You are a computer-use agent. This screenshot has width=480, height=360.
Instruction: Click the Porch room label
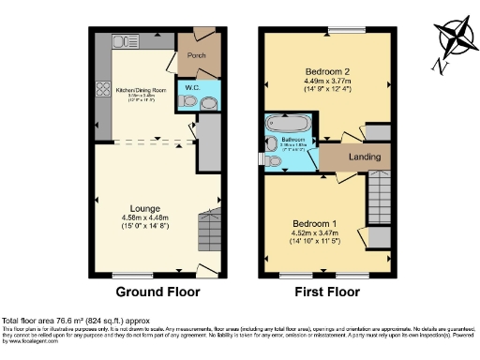click(196, 55)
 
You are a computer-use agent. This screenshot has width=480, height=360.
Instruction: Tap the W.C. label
click(191, 88)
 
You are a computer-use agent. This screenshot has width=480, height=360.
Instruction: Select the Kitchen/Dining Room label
click(140, 89)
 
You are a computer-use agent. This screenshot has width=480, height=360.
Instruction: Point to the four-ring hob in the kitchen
click(102, 93)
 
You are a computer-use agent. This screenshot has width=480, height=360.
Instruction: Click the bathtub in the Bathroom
click(283, 123)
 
